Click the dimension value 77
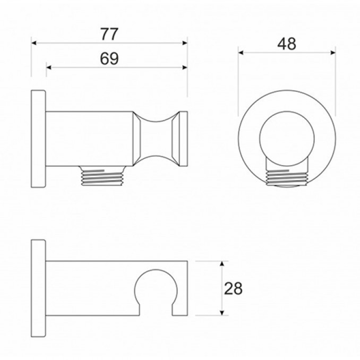point(109,34)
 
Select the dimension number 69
point(109,59)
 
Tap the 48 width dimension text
point(287,44)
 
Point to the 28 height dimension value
point(233,288)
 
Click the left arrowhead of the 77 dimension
point(34,43)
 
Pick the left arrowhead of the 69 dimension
point(49,67)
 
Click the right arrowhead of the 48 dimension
point(333,53)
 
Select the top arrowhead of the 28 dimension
point(222,263)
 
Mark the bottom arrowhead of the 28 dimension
point(222,313)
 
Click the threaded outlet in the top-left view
point(102,175)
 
